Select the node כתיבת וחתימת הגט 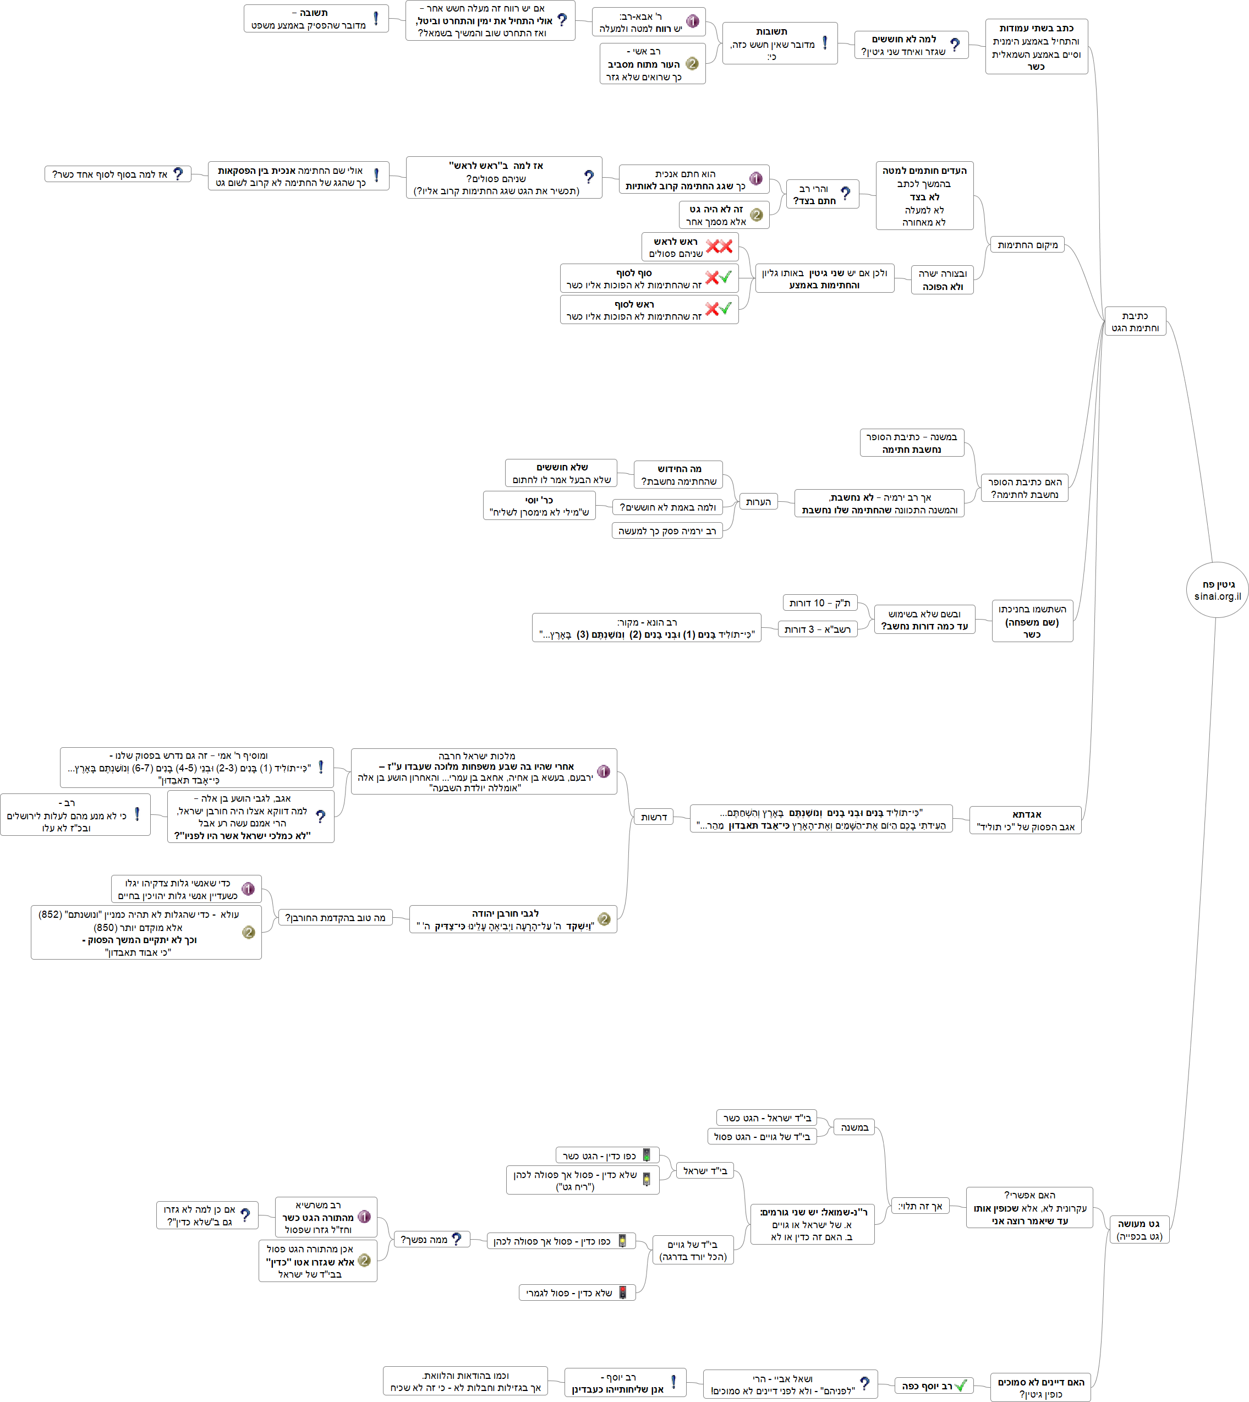[1135, 321]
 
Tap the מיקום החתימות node [1027, 245]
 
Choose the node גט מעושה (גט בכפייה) [1139, 1230]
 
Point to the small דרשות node [653, 817]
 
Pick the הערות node [758, 502]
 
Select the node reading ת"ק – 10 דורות [819, 603]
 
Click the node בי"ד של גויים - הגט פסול [762, 1136]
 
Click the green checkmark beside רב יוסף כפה [961, 1385]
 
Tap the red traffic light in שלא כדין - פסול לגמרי [622, 1292]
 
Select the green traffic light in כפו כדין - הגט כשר [646, 1155]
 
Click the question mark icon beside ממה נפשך [456, 1239]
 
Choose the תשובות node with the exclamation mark [780, 43]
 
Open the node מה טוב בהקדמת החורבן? [335, 917]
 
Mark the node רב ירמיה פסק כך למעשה [666, 530]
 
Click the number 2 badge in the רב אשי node [692, 64]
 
